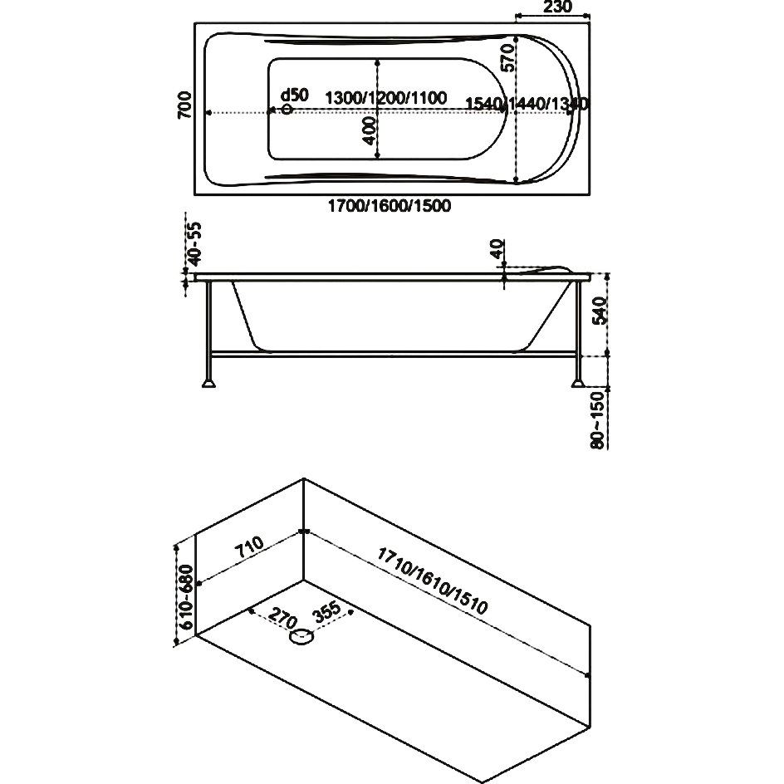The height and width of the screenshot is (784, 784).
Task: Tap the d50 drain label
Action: coord(294,95)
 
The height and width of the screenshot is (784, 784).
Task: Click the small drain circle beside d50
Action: coord(287,109)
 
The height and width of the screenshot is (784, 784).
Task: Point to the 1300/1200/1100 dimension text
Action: coord(385,98)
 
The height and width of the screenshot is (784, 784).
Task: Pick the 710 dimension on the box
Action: coord(248,549)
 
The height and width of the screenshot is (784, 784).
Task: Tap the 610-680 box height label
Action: coord(188,595)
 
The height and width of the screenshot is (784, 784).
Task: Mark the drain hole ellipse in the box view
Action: coord(301,638)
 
